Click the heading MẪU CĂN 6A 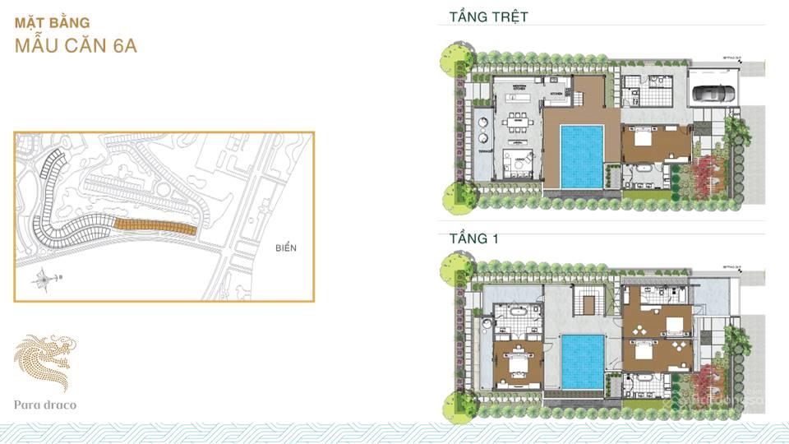(76, 45)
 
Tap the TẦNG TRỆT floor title (488, 16)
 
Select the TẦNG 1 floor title (474, 238)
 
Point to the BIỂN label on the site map (286, 247)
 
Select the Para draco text (45, 405)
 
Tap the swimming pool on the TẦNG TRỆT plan (582, 155)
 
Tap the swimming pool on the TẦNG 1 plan (582, 361)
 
